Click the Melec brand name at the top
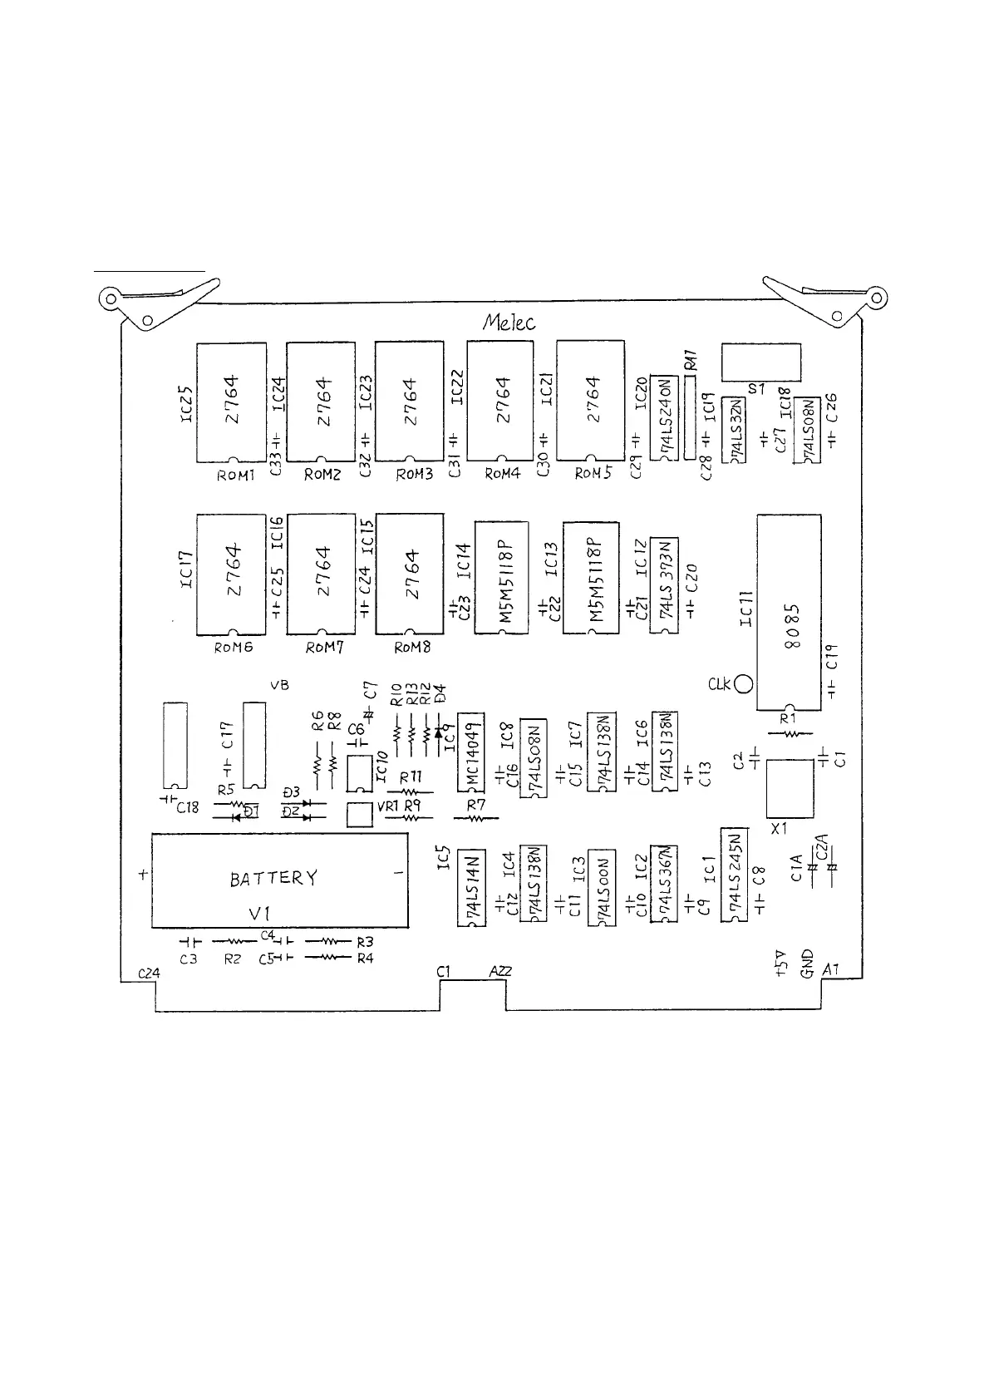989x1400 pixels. click(509, 323)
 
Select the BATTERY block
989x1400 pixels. click(279, 880)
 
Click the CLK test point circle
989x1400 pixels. click(744, 683)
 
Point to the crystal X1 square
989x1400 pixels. click(789, 787)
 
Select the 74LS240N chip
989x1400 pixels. click(664, 417)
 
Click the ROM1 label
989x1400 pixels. click(235, 476)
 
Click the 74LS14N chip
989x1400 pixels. click(471, 889)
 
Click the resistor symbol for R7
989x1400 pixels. click(475, 818)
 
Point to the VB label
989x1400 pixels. click(280, 684)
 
